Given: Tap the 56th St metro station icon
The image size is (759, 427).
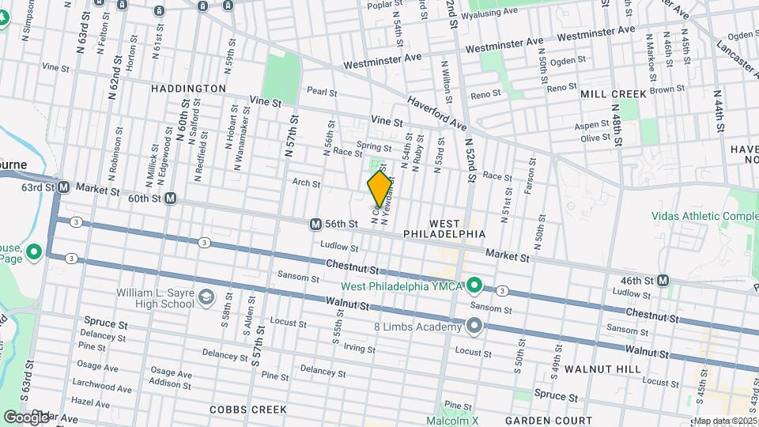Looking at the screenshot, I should coord(315,225).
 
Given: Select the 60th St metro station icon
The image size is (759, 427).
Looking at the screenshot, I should coord(170,199).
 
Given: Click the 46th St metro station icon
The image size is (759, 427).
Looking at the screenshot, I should coord(663,281).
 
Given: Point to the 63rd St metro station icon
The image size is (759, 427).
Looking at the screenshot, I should coord(64,187).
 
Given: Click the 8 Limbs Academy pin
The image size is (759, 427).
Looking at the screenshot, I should coord(474,326).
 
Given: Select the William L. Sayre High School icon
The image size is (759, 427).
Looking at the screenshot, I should coord(206,297).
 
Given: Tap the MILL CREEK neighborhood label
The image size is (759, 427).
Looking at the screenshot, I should coord(613,93).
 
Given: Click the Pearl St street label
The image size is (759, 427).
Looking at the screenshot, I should coord(322,92).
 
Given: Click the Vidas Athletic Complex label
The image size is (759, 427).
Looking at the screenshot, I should coord(704,216).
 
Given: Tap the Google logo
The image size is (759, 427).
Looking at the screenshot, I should coord(26,417).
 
